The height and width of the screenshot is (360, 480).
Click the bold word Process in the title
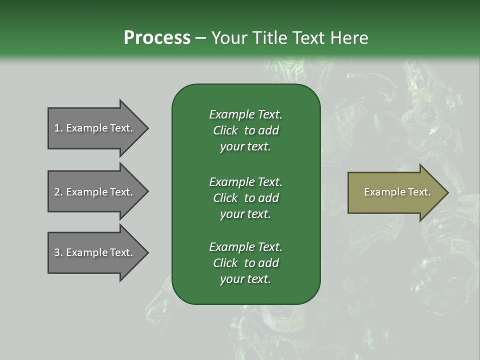point(157,38)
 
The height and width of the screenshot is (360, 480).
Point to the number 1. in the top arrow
point(58,128)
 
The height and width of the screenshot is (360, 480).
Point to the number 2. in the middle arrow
point(58,192)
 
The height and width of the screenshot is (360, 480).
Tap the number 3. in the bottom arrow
point(58,252)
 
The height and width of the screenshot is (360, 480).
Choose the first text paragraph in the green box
point(245,130)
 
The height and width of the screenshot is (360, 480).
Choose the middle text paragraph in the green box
point(245,197)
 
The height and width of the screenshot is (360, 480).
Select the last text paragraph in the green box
point(245,263)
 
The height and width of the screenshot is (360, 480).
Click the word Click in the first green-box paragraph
point(225,130)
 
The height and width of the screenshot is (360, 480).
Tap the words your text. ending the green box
point(245,279)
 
